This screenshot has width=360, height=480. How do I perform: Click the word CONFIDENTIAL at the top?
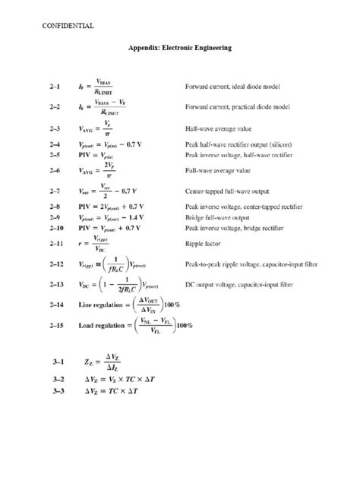tap(66, 26)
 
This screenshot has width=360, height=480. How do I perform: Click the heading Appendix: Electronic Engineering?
tap(179, 47)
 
